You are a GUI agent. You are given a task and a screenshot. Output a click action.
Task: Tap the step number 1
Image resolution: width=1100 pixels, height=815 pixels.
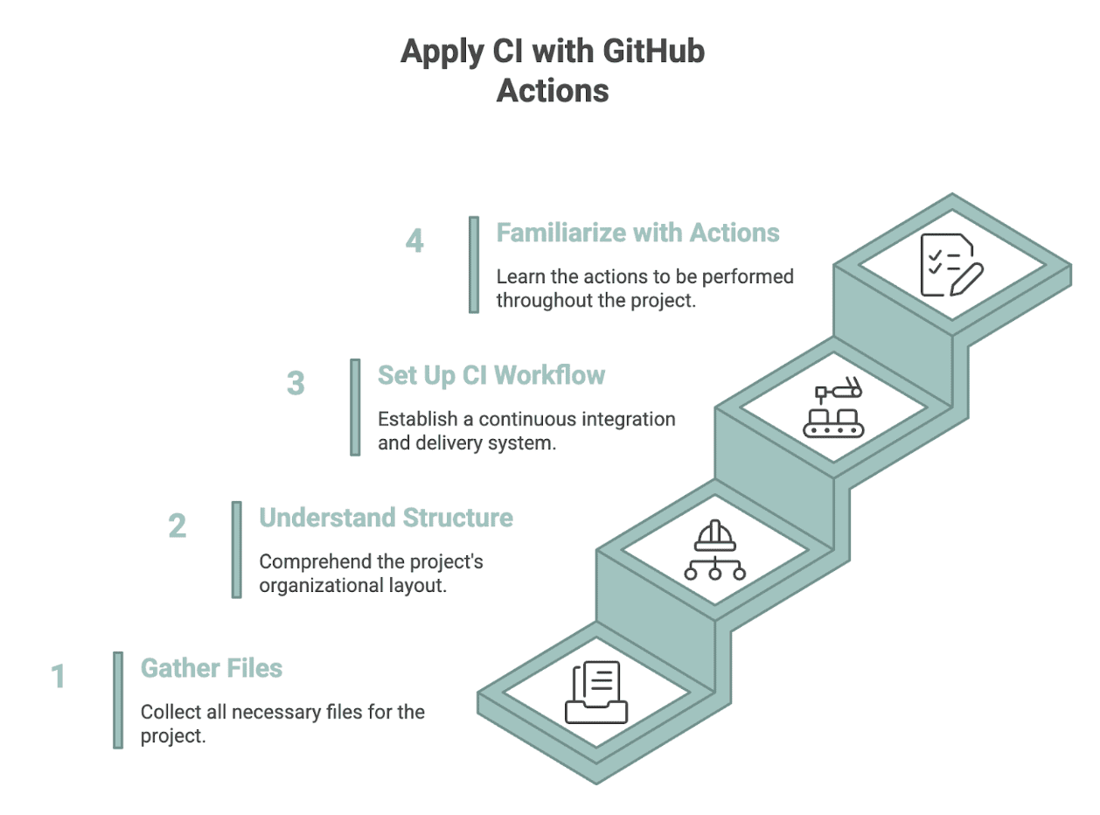point(58,676)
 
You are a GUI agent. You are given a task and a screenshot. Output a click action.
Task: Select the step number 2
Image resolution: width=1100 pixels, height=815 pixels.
point(177,526)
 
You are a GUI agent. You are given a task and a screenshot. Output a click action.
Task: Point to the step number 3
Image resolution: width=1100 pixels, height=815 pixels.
point(296,383)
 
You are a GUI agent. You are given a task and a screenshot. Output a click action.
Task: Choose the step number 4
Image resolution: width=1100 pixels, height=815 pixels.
point(414,240)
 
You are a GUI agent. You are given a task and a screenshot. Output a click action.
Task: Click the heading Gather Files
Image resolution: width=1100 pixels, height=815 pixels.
point(212,669)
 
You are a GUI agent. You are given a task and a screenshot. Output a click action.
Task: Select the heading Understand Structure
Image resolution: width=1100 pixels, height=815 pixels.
point(386,518)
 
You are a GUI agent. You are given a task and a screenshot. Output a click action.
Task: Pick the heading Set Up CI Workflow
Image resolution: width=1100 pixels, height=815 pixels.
point(491,375)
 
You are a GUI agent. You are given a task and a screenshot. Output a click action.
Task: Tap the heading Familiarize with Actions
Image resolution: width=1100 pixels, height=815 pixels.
point(637,233)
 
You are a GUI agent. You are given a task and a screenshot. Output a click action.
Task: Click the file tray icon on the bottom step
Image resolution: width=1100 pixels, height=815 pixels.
point(596,693)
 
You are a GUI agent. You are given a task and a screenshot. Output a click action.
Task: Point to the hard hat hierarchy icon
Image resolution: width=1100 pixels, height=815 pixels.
point(715,551)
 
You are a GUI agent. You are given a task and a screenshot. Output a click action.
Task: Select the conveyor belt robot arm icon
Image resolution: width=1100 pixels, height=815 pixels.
point(834,408)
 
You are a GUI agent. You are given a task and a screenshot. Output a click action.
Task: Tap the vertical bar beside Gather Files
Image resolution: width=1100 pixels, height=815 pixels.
point(118,700)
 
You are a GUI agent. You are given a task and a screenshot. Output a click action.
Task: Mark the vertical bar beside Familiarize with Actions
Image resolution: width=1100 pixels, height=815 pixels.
point(474,264)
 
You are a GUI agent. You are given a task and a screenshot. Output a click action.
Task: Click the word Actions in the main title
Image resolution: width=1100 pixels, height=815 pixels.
point(553,90)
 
